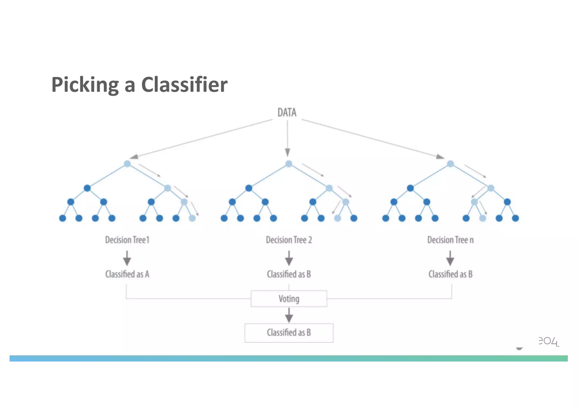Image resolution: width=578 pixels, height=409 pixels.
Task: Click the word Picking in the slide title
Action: tap(85, 85)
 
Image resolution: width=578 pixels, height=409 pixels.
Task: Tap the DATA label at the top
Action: tap(287, 113)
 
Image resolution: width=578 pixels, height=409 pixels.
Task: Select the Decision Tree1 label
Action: tap(127, 240)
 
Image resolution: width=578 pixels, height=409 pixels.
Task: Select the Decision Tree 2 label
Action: tap(289, 240)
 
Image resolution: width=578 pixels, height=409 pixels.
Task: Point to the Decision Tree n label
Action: tap(450, 240)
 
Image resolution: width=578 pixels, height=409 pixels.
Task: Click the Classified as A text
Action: tap(127, 274)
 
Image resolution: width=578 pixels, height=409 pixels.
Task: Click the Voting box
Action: tap(289, 299)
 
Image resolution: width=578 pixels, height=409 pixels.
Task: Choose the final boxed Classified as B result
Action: tap(289, 333)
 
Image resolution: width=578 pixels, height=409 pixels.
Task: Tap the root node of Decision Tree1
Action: tap(127, 164)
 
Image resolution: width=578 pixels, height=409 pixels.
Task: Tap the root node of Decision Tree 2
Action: tap(289, 164)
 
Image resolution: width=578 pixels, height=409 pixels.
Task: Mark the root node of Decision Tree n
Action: tap(450, 164)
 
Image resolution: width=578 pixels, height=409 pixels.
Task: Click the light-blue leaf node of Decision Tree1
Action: tap(192, 218)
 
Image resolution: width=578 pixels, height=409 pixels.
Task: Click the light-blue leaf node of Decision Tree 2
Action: tap(338, 218)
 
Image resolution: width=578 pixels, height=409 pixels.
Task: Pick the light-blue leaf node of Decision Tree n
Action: tap(483, 218)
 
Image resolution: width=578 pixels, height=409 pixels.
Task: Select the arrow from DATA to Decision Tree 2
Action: tap(287, 138)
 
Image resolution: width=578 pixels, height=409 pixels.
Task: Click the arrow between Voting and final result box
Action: tap(289, 315)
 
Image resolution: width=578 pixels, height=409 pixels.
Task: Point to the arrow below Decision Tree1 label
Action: tap(127, 258)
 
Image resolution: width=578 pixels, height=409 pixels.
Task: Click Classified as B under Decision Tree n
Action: tap(450, 274)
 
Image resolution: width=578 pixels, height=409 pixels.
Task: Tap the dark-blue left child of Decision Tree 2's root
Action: tap(249, 188)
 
